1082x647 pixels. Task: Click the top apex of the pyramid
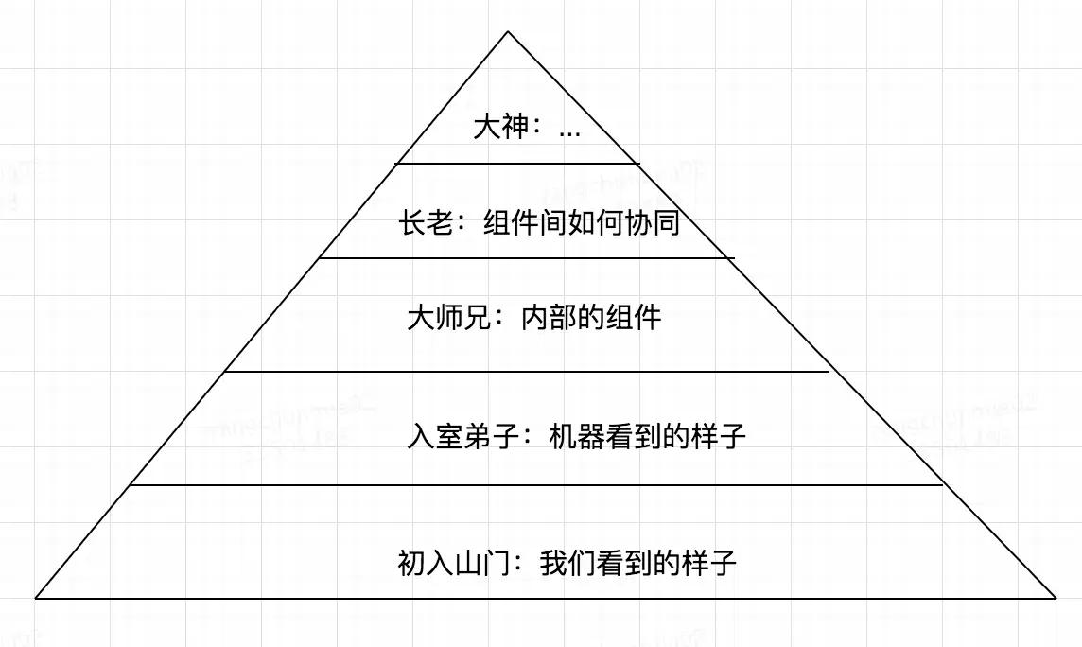[x=508, y=32]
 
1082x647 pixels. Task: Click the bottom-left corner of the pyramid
[x=37, y=597]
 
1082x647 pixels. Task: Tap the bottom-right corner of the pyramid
[x=1055, y=597]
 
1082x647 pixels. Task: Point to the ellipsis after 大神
[x=569, y=131]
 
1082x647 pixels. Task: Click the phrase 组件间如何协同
[x=582, y=223]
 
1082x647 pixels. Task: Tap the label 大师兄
[x=448, y=317]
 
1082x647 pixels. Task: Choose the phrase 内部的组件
[x=591, y=317]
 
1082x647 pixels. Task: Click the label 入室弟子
[x=462, y=437]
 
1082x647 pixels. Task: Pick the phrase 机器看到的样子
[x=648, y=437]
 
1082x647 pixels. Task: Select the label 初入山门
[x=455, y=564]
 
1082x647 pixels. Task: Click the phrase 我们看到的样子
[x=638, y=564]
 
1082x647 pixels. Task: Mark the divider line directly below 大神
[x=517, y=164]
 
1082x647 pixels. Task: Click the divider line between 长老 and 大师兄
[x=526, y=257]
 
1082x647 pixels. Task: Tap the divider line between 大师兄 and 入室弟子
[x=526, y=372]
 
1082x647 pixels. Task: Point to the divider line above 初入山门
[x=535, y=485]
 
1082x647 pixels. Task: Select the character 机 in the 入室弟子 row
[x=562, y=437]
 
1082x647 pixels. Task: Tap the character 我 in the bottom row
[x=552, y=564]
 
